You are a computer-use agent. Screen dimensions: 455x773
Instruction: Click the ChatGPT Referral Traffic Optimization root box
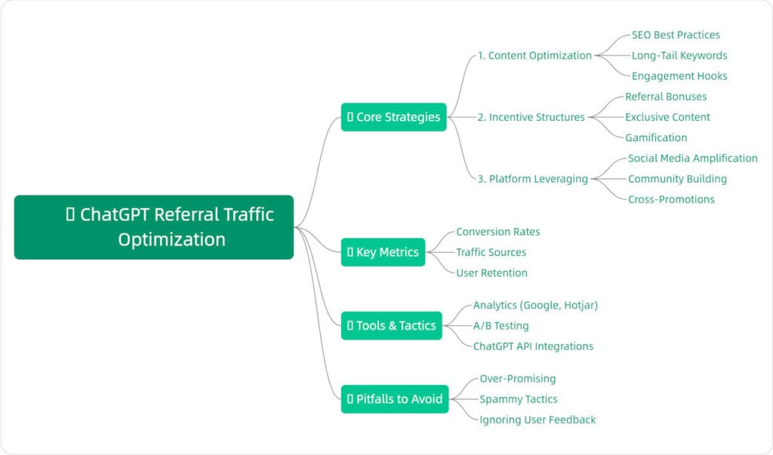[153, 227]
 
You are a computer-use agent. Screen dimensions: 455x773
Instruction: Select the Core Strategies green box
[393, 117]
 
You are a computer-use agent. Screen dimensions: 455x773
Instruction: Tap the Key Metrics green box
[383, 252]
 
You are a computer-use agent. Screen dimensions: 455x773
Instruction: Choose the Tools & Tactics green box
[391, 325]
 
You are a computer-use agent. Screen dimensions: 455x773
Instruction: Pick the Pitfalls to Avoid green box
[395, 398]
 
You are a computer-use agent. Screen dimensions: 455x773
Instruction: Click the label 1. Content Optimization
[534, 55]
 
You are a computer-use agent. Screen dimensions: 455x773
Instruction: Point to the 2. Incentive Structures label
[531, 117]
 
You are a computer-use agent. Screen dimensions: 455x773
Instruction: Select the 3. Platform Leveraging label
[532, 179]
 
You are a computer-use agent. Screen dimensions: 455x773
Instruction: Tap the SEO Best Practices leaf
[676, 35]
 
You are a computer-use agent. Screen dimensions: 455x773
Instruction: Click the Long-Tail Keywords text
[679, 55]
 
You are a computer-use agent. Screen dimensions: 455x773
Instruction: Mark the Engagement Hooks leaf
[679, 75]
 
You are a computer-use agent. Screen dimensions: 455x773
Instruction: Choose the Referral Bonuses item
[666, 97]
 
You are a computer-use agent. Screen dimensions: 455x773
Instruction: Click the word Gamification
[656, 137]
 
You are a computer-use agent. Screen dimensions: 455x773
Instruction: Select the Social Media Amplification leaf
[692, 158]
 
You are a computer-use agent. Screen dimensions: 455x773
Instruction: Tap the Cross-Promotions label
[671, 199]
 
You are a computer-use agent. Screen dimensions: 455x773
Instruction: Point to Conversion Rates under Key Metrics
[498, 232]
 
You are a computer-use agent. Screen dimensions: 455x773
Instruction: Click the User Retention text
[491, 272]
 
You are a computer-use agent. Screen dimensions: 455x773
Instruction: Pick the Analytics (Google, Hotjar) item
[535, 305]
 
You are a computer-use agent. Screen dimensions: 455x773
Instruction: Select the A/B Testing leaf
[500, 325]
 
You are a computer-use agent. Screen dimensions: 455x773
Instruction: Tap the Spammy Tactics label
[519, 398]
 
